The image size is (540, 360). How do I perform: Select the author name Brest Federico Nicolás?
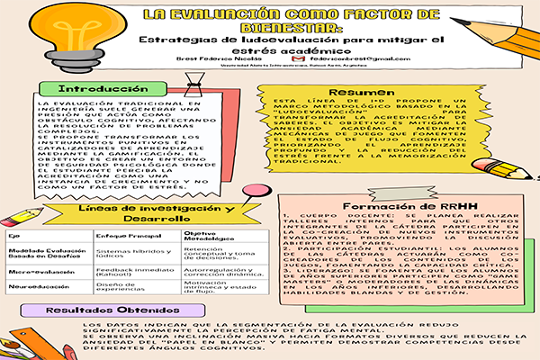[x=258, y=58]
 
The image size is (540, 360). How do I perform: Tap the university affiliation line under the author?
[x=289, y=67]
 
